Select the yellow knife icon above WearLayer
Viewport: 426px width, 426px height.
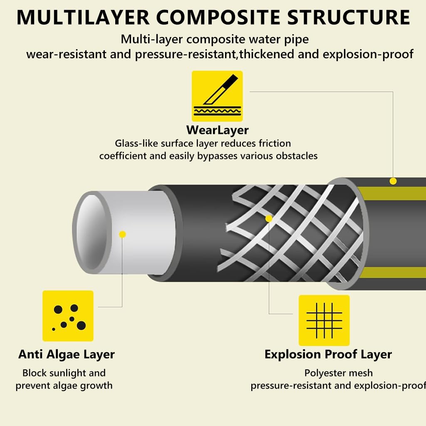click(x=217, y=96)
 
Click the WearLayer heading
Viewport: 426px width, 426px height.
click(x=217, y=130)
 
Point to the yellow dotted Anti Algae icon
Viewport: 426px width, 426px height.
click(x=68, y=316)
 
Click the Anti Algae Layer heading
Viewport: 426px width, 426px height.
click(x=67, y=354)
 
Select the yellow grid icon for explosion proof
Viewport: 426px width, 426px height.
click(x=324, y=320)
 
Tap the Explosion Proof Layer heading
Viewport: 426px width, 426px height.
click(x=328, y=354)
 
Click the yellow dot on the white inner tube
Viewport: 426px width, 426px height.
click(x=122, y=235)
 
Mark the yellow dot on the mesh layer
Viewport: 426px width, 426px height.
click(x=269, y=218)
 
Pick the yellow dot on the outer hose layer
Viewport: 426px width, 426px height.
click(x=393, y=181)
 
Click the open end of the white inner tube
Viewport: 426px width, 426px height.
click(x=90, y=233)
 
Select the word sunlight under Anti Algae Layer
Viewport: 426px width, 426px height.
click(x=73, y=373)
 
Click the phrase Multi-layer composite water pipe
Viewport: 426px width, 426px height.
click(x=215, y=40)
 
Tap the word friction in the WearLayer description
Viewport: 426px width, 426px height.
click(x=273, y=144)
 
